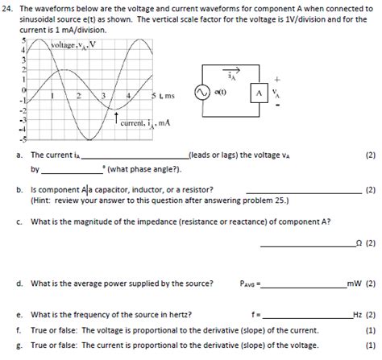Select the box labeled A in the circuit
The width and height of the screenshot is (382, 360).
click(257, 93)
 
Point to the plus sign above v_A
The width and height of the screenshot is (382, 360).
click(278, 80)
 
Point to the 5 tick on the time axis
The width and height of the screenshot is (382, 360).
click(154, 96)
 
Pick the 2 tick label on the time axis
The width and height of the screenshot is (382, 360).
click(78, 96)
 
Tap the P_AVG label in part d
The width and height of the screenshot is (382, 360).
click(251, 283)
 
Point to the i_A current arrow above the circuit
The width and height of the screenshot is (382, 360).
click(256, 71)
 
